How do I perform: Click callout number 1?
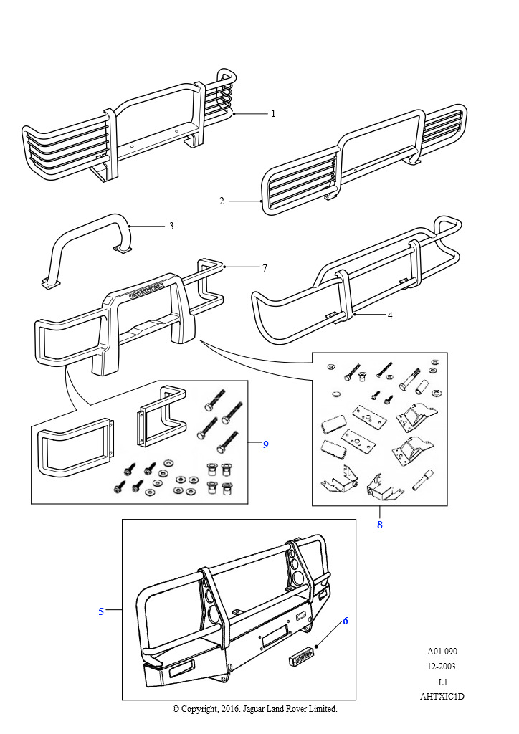[272, 113]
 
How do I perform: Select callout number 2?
[222, 201]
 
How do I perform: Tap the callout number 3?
[171, 226]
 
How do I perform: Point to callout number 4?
[389, 314]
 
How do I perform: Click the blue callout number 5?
[101, 611]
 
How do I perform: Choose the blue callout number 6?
[345, 621]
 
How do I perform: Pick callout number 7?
[264, 268]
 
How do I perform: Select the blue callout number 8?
[379, 525]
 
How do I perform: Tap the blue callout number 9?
[265, 444]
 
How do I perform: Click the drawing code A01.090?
[442, 652]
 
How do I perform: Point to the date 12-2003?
[442, 667]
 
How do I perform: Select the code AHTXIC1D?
[442, 696]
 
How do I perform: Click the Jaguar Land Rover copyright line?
[255, 709]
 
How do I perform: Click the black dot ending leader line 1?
[233, 113]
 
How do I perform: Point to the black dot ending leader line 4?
[354, 314]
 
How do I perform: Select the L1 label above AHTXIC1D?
[442, 682]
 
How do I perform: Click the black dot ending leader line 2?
[260, 202]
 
